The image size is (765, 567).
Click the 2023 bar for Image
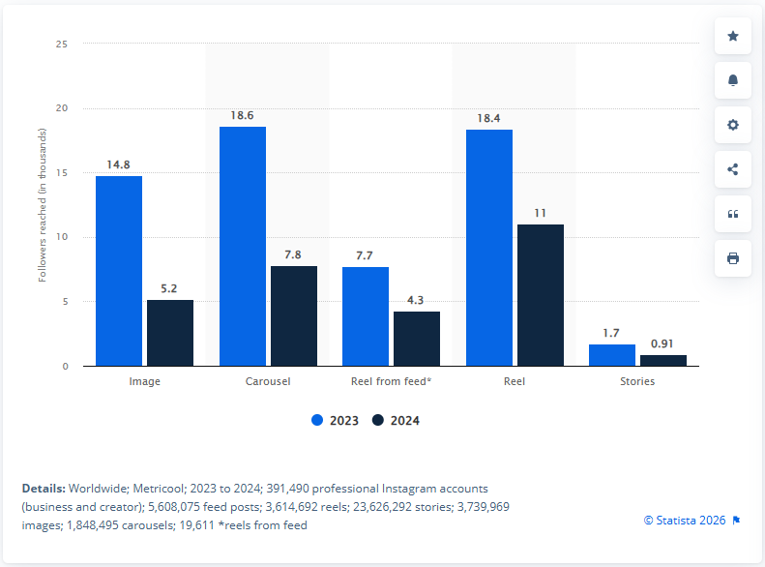pos(119,271)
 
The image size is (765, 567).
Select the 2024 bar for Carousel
pos(293,316)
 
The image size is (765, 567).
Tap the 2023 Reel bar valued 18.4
pos(489,248)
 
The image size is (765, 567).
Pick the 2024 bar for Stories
pos(663,361)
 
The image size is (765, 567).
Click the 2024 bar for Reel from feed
pos(417,339)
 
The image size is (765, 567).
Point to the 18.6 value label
pos(242,115)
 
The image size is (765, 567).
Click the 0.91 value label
pos(663,343)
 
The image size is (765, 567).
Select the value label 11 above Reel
pos(541,213)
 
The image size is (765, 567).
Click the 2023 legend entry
pos(335,421)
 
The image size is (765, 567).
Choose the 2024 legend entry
pos(396,421)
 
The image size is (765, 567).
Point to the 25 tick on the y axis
pos(61,44)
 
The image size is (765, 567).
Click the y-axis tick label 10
pos(61,237)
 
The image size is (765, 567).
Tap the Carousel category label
pos(268,381)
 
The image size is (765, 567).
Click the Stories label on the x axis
pos(637,381)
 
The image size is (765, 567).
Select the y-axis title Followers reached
pos(42,204)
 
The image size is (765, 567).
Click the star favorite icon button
pos(733,36)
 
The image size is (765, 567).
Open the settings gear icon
pos(733,125)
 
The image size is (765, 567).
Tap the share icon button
pos(733,169)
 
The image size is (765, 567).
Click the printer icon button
pos(733,258)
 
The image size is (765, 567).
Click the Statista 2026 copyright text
pos(685,521)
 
